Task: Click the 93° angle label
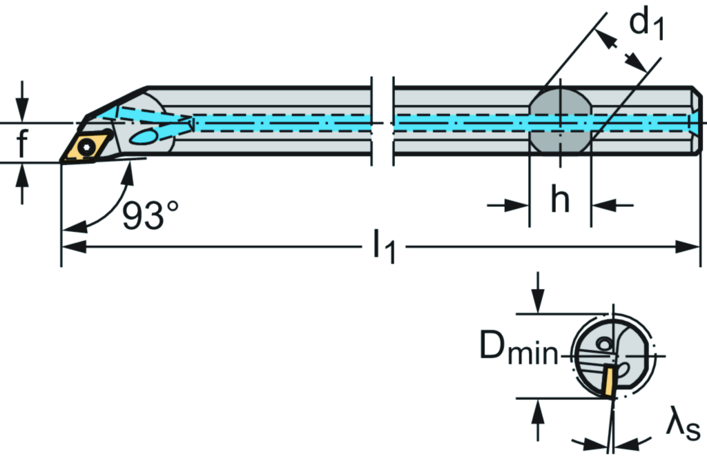coord(151,217)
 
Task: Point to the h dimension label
coord(560,201)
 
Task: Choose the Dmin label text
coord(519,351)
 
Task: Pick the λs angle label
coord(682,426)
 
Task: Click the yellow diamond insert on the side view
coord(86,147)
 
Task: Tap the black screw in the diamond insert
coord(86,146)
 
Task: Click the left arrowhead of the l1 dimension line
coord(73,248)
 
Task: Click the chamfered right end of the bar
coord(697,121)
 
